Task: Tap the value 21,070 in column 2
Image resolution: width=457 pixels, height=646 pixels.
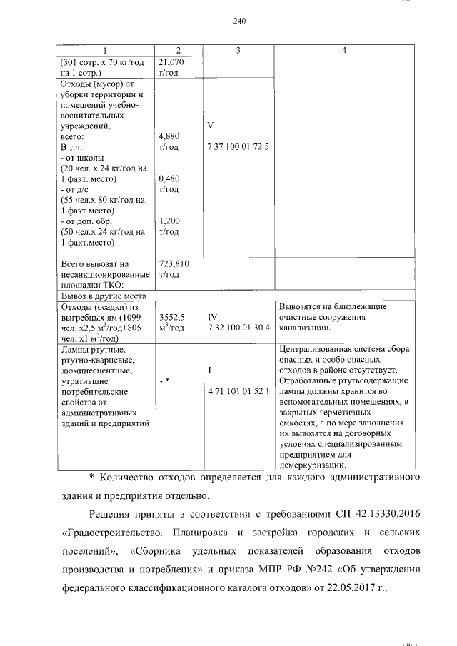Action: pyautogui.click(x=171, y=62)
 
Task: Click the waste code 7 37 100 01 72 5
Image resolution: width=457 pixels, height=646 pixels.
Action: pyautogui.click(x=237, y=147)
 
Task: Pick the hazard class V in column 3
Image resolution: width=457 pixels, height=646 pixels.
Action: pyautogui.click(x=211, y=125)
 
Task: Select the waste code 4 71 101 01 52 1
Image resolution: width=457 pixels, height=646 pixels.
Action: pyautogui.click(x=238, y=392)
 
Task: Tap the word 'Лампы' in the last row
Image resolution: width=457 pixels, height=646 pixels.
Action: pyautogui.click(x=76, y=349)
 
